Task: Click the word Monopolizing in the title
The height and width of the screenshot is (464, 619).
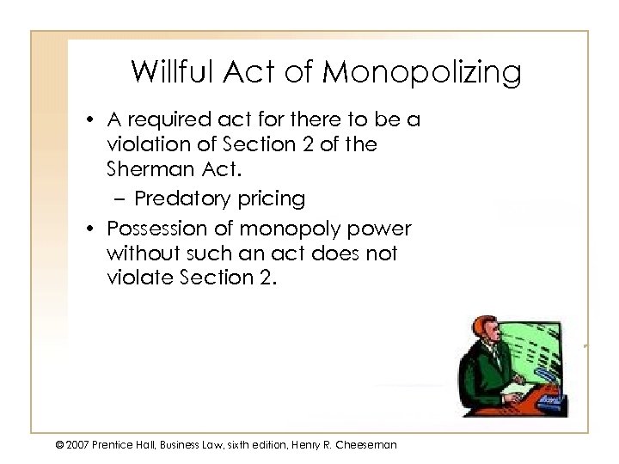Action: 422,74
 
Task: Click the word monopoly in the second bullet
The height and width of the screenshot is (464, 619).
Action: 287,231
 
